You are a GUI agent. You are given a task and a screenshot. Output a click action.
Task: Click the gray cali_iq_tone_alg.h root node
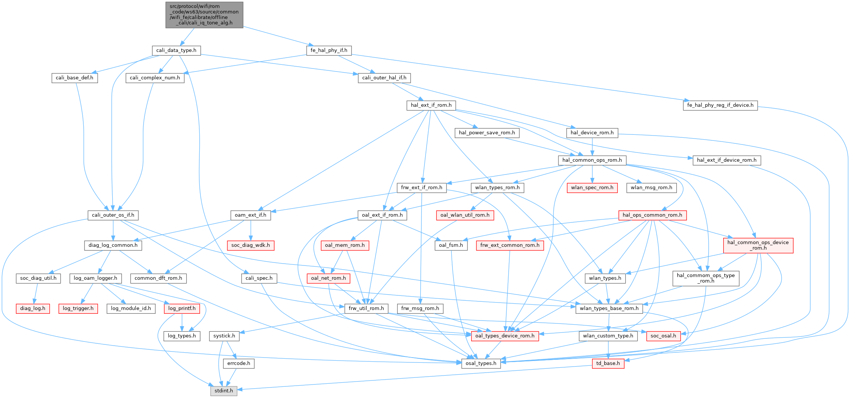click(x=204, y=15)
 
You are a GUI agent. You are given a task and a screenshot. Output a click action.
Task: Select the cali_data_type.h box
click(x=176, y=50)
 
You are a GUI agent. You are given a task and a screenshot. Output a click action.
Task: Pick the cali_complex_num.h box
click(x=155, y=78)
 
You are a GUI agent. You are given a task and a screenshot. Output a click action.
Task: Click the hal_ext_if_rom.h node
click(x=431, y=105)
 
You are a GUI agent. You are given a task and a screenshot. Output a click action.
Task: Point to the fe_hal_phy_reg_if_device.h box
click(x=720, y=105)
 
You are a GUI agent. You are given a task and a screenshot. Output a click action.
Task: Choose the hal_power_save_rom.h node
click(x=487, y=133)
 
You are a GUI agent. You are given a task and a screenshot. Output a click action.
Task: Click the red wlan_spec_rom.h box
click(x=592, y=188)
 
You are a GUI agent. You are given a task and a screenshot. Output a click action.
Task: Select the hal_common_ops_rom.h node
click(x=592, y=160)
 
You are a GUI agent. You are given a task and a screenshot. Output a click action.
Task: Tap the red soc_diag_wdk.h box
click(x=251, y=245)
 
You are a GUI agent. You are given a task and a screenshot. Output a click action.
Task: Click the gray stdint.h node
click(x=224, y=391)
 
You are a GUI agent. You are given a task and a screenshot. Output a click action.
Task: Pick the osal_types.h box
click(x=481, y=364)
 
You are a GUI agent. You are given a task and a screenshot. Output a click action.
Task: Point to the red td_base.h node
click(x=608, y=364)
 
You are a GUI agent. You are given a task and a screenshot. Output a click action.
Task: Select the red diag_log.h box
click(x=33, y=309)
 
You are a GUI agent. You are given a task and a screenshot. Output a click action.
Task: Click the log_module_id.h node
click(x=131, y=309)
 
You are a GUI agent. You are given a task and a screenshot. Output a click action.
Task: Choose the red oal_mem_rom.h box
click(x=345, y=245)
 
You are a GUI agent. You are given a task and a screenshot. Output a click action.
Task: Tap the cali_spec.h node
click(x=259, y=278)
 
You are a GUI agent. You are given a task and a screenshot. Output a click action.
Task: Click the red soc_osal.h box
click(x=663, y=336)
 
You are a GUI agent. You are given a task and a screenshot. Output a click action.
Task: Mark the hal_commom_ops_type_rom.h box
click(x=706, y=278)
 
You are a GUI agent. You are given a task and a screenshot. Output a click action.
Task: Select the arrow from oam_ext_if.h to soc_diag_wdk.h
click(x=251, y=230)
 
